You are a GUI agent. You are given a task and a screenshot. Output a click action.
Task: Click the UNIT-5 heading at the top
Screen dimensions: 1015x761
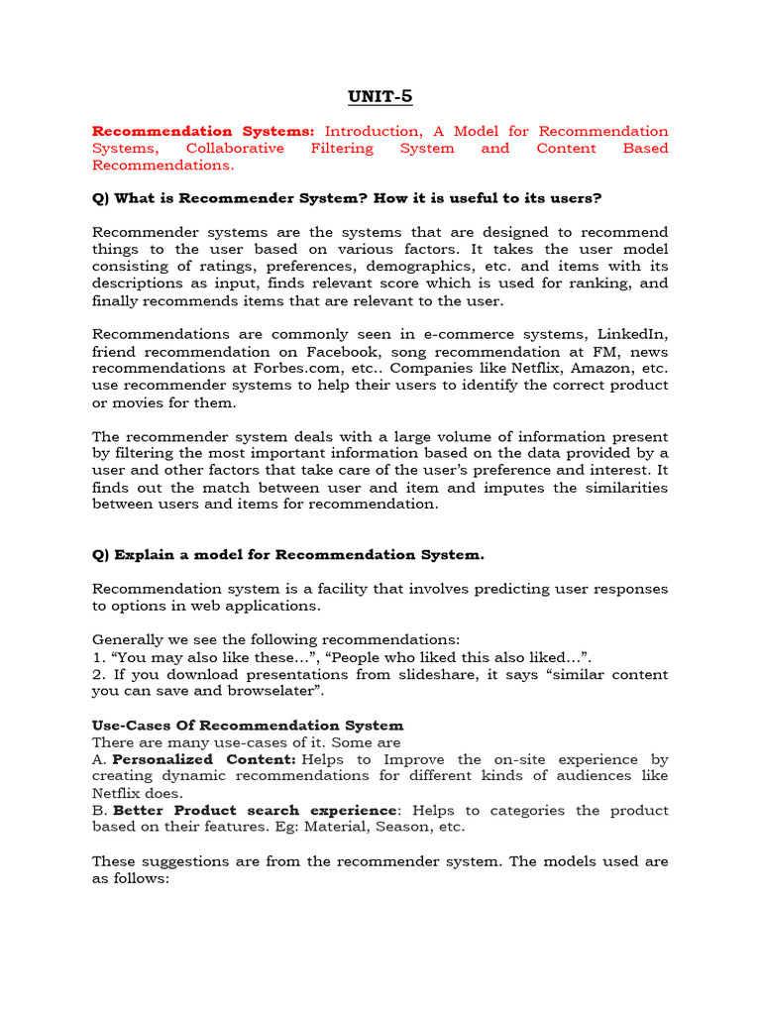tap(380, 96)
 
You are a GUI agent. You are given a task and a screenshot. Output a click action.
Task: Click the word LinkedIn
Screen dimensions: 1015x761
tap(635, 334)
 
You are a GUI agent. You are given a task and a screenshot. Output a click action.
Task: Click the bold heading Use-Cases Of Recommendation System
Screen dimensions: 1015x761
tap(248, 725)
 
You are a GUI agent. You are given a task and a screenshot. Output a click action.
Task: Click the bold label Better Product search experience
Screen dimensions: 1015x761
tap(257, 810)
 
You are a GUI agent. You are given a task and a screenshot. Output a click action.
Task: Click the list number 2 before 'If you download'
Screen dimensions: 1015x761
tap(96, 674)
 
